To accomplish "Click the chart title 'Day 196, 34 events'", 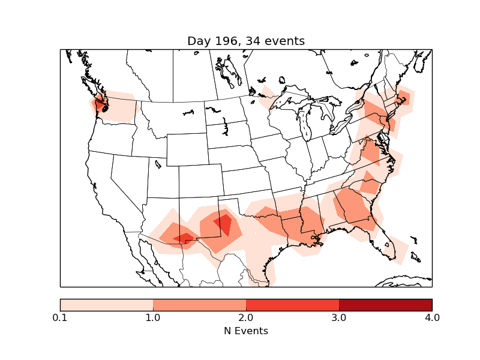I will click(246, 41).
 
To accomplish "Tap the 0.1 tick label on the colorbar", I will click(60, 317).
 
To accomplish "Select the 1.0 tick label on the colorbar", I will click(153, 317).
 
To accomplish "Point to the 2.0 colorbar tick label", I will click(246, 317).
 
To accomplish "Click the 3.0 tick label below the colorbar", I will click(339, 317).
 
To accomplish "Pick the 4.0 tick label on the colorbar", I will click(432, 317).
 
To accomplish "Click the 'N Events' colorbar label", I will click(246, 331).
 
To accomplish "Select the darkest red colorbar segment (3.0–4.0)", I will click(385, 305).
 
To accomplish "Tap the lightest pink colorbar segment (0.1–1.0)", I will click(106, 305).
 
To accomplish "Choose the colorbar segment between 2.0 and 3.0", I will click(292, 305).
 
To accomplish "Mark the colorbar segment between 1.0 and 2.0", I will click(199, 305).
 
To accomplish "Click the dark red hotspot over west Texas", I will click(223, 224).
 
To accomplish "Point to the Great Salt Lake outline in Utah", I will click(158, 163).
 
